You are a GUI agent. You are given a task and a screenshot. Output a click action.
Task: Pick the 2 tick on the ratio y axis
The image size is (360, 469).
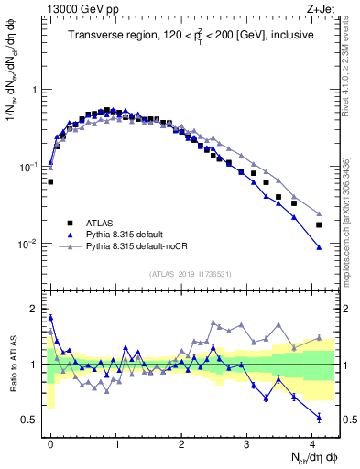[34, 308]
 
